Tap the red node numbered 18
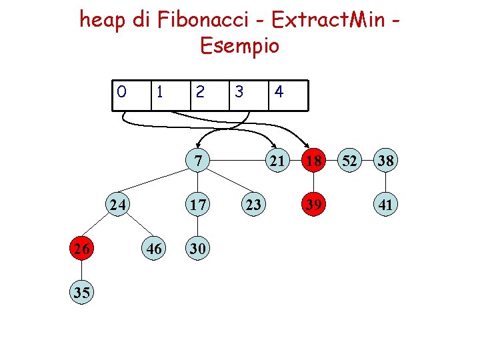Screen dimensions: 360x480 313,161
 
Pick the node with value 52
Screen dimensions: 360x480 349,161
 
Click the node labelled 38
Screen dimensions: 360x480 385,161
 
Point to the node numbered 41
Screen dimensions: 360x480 385,205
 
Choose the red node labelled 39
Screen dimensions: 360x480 313,205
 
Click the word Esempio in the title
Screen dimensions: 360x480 239,46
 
